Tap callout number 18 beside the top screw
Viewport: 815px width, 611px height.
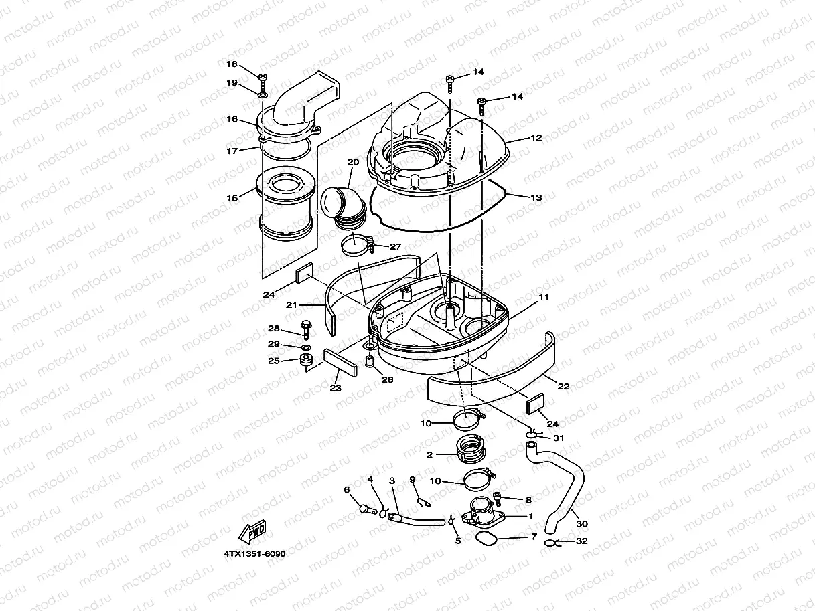point(232,64)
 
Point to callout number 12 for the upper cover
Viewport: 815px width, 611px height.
point(536,138)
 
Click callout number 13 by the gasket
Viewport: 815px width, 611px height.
point(536,198)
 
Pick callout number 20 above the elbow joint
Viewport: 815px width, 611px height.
point(353,163)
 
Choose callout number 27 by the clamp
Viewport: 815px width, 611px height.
point(394,246)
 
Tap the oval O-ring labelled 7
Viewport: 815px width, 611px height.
point(487,539)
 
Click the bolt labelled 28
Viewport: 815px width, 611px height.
point(307,328)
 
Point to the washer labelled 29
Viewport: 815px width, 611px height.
point(306,348)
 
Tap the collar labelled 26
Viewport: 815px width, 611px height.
point(368,363)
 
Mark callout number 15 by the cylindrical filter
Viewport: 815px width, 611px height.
point(232,198)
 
